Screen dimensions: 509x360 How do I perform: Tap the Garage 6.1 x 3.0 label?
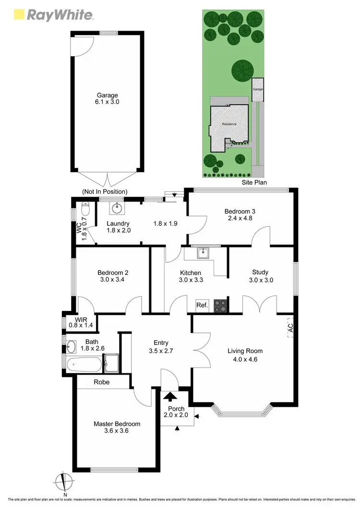(x=107, y=98)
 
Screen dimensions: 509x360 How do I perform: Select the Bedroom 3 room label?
(x=240, y=215)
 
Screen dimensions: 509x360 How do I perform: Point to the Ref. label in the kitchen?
(x=202, y=305)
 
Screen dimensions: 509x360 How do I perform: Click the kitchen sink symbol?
(x=203, y=252)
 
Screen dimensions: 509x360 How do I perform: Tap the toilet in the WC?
(x=85, y=210)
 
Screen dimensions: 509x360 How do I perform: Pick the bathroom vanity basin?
(x=72, y=345)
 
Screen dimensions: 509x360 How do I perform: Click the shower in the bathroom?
(x=111, y=363)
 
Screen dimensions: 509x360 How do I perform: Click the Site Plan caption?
(x=254, y=183)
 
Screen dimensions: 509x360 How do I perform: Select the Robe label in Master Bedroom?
(x=101, y=382)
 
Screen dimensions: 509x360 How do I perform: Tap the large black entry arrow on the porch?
(x=169, y=397)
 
